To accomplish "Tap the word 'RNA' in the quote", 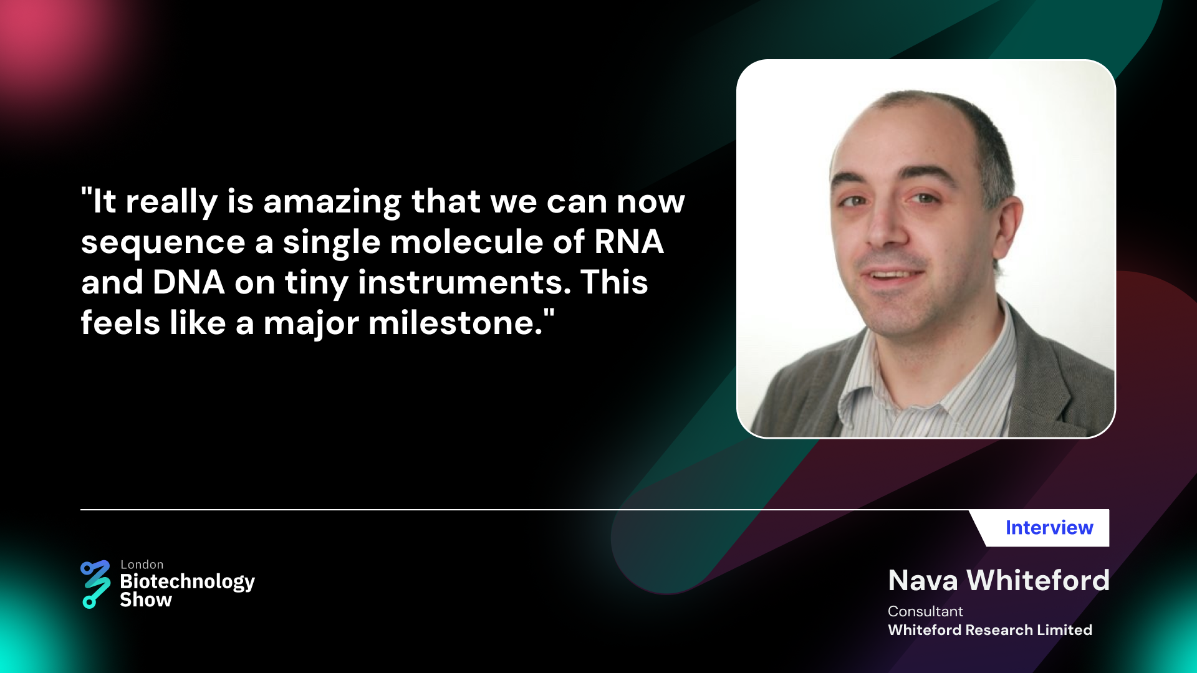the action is click(x=628, y=242).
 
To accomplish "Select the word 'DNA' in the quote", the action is click(x=188, y=282).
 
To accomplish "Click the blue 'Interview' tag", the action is click(x=1049, y=528).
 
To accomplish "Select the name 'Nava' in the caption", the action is click(x=923, y=581).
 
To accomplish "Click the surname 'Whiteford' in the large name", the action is click(x=1038, y=580).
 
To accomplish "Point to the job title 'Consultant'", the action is click(x=925, y=611).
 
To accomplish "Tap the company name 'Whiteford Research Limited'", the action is click(x=990, y=630).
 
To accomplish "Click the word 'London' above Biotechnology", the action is click(x=142, y=565).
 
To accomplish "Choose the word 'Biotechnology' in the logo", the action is click(x=188, y=583).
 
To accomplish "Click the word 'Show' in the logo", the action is click(x=146, y=599).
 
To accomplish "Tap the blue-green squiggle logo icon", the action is click(x=95, y=585).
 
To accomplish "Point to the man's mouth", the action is click(x=893, y=274).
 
